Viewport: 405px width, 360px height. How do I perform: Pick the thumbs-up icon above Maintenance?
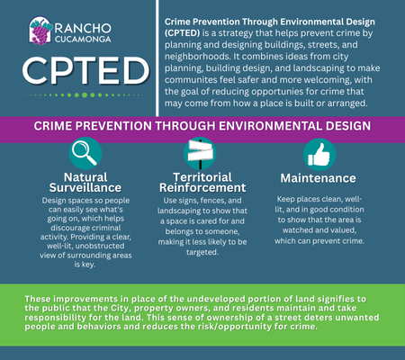319,153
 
